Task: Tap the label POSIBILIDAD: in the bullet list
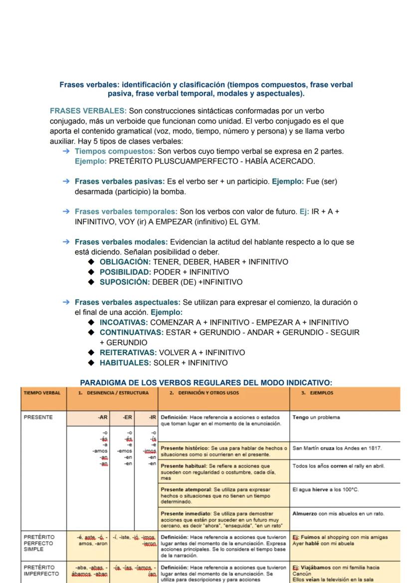(125, 272)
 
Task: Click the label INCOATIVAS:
(124, 322)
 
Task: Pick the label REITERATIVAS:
(128, 353)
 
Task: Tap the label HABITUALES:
(125, 363)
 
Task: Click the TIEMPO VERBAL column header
(41, 393)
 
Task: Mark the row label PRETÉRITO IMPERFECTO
(39, 568)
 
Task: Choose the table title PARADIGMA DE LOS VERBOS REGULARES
(206, 383)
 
